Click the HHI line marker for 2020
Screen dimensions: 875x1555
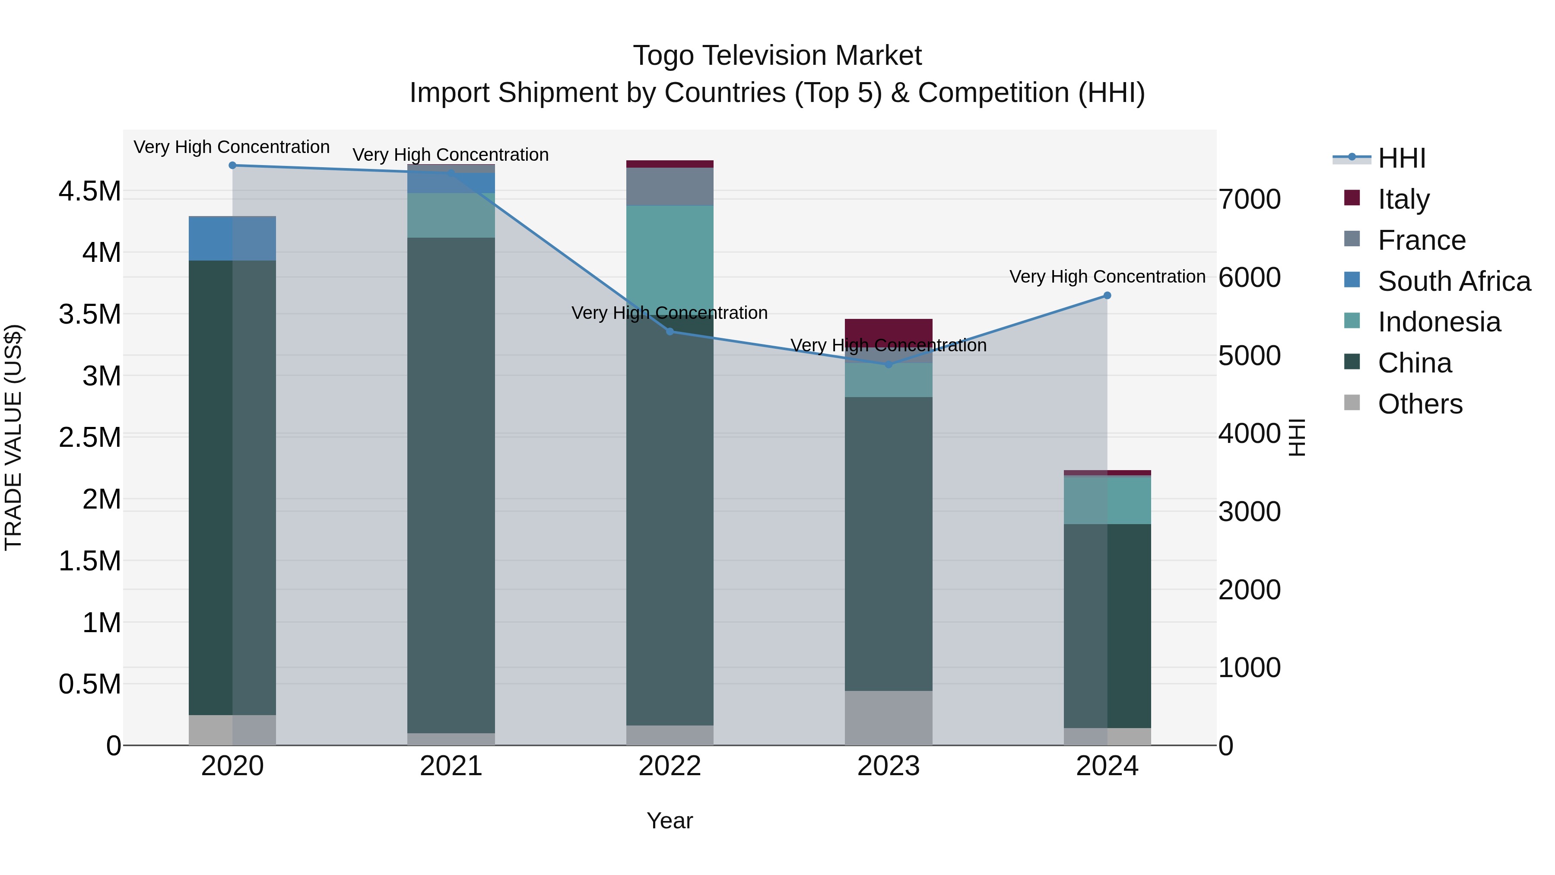[232, 165]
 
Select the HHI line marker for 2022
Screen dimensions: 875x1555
[670, 331]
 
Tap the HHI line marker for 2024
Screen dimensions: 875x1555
[1107, 295]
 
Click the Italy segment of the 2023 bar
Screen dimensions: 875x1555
[888, 333]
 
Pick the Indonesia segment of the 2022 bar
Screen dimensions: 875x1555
[670, 260]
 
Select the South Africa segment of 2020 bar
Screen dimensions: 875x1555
[232, 239]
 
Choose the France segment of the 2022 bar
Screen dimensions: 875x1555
[670, 187]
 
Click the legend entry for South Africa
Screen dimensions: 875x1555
[1454, 281]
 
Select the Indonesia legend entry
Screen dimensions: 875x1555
[1439, 322]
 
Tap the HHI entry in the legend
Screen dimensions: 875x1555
[1402, 158]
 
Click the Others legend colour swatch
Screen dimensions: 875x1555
[1352, 403]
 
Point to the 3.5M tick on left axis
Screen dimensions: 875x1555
[90, 314]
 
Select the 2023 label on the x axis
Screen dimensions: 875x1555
[888, 766]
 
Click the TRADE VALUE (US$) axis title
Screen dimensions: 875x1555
[14, 437]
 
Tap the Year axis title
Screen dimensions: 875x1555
[670, 821]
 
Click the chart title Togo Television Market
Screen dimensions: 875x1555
[777, 56]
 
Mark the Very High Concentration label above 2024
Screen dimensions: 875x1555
[1107, 277]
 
